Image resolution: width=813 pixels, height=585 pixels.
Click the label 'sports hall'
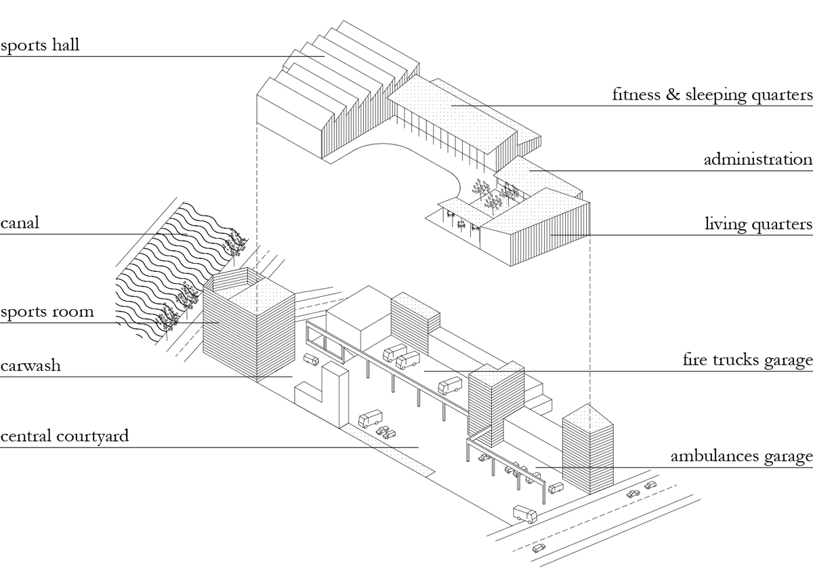[x=40, y=46]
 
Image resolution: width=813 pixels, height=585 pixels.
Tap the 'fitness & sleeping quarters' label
[x=712, y=95]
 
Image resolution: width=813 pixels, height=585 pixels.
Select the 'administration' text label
[x=757, y=160]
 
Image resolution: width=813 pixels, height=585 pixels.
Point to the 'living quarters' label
[x=758, y=224]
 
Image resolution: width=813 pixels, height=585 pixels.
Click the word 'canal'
[x=20, y=223]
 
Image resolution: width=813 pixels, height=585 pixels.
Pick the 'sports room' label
[x=47, y=312]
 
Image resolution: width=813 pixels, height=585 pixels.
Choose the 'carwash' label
[x=30, y=366]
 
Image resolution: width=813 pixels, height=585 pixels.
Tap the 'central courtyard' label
[x=64, y=436]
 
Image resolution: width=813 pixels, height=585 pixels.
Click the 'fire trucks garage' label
[x=747, y=360]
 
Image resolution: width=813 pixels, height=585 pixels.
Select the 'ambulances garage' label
[x=741, y=457]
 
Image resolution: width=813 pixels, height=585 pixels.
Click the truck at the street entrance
[x=524, y=514]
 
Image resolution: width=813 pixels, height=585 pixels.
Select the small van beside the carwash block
[x=312, y=359]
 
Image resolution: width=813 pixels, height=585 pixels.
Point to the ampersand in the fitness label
[x=673, y=95]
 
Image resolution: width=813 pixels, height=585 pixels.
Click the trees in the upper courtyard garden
[x=491, y=193]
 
